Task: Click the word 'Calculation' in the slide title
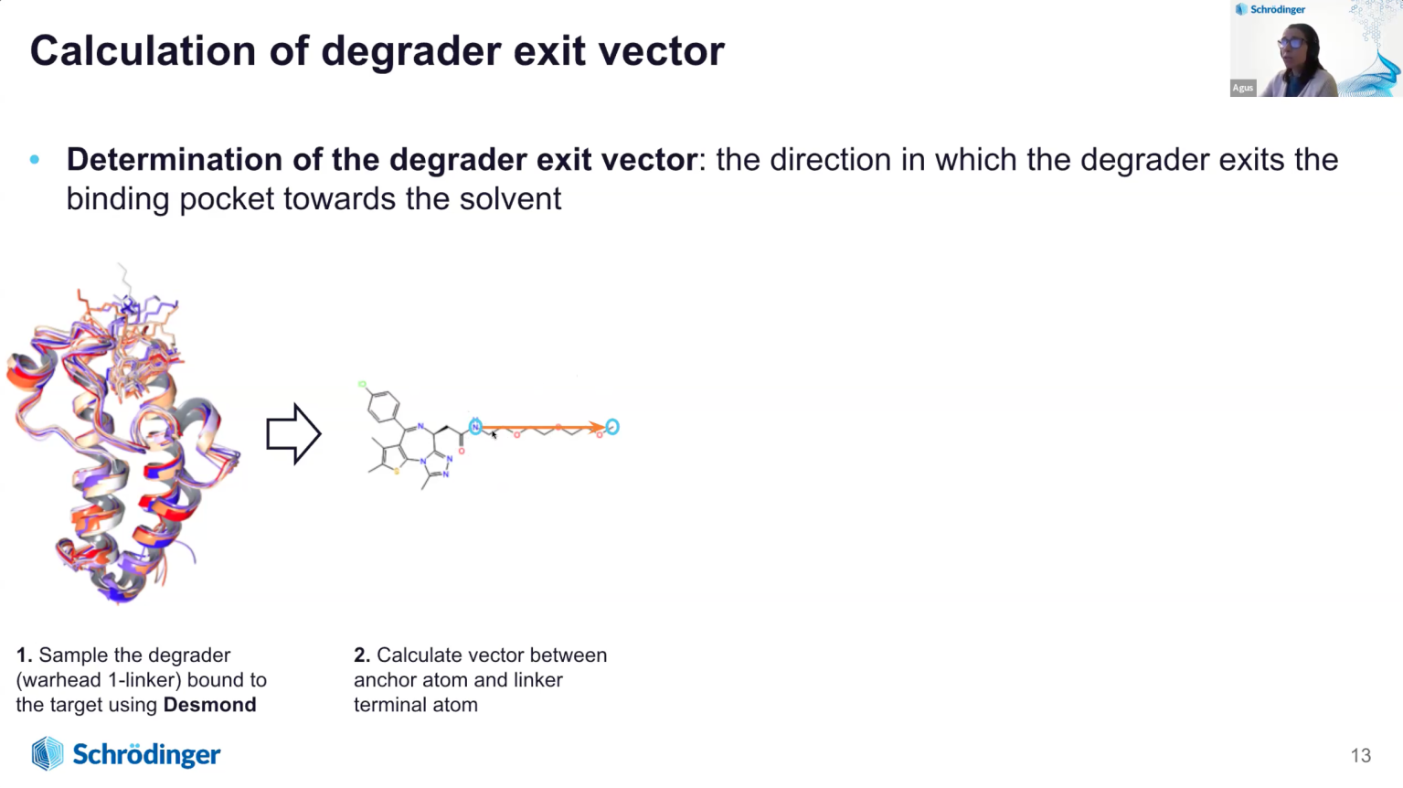click(x=143, y=50)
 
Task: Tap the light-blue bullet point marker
click(x=35, y=160)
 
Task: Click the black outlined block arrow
click(x=293, y=433)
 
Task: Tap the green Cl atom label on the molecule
click(x=362, y=384)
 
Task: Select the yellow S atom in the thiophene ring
click(x=397, y=471)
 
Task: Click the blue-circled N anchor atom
click(x=475, y=427)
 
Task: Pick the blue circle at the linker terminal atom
click(x=612, y=427)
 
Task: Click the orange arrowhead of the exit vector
click(x=598, y=428)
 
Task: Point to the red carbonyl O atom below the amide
click(x=462, y=451)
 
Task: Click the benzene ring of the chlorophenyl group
click(x=383, y=406)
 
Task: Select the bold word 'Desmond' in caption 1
click(x=210, y=705)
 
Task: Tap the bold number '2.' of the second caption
click(x=362, y=655)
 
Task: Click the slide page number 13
click(x=1361, y=755)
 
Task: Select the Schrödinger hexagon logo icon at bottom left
click(x=48, y=753)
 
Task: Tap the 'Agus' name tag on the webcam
click(x=1243, y=88)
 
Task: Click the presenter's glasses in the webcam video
click(x=1291, y=43)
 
